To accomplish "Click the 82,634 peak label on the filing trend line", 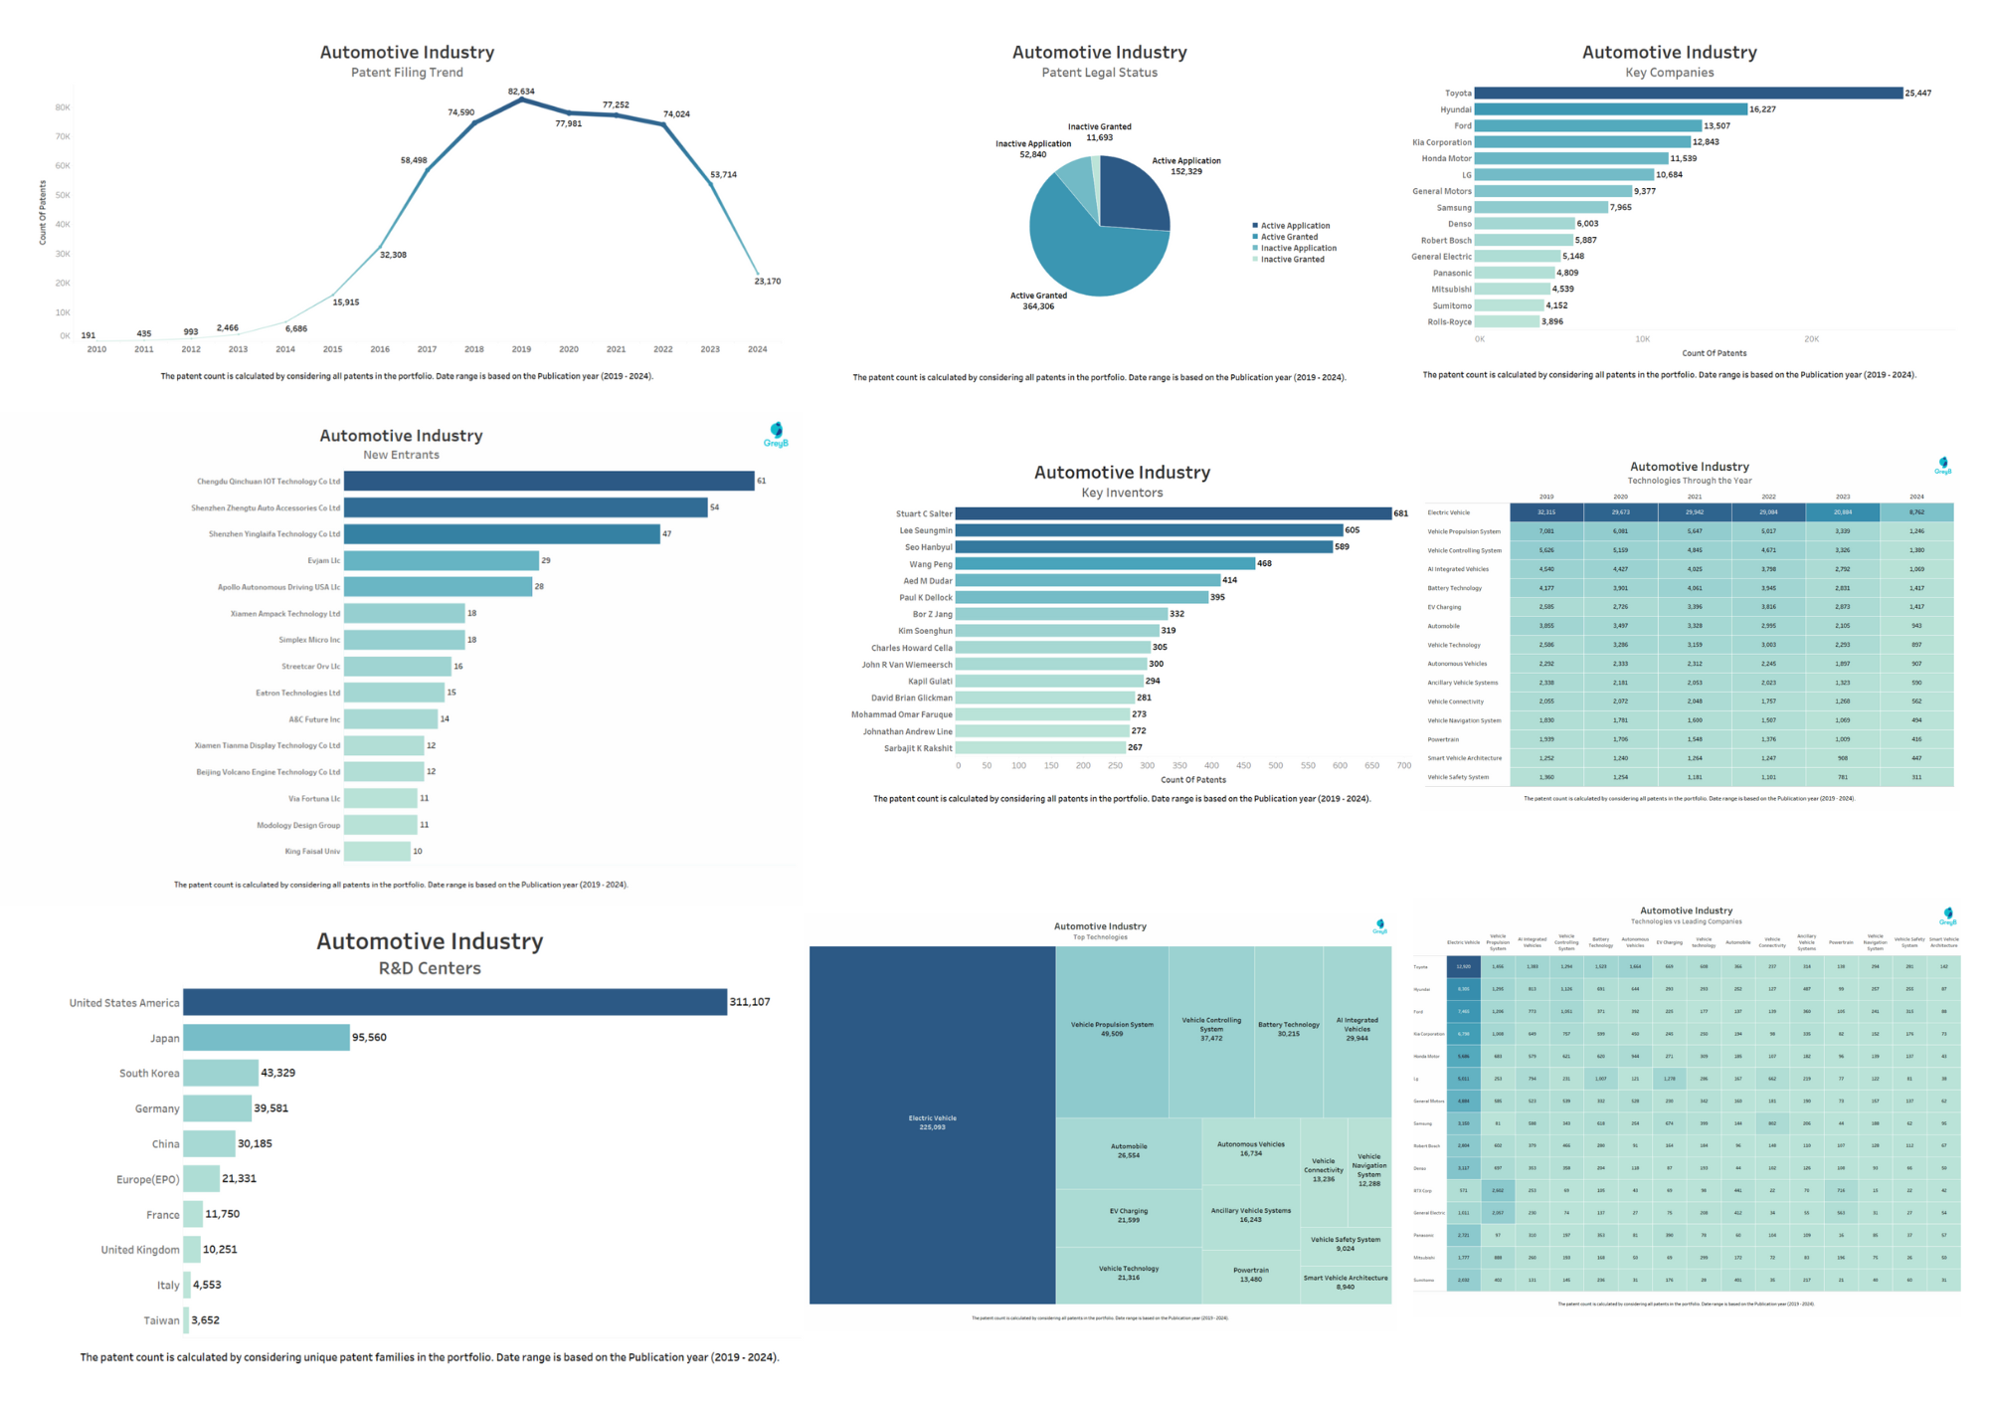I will tap(521, 92).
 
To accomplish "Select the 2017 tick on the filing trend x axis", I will tap(427, 349).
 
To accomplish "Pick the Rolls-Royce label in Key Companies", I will tap(1449, 321).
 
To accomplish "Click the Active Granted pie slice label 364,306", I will tap(1038, 301).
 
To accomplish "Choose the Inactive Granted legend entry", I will tap(1292, 260).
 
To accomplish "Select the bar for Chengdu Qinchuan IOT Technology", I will tap(549, 482).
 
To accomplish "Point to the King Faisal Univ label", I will tap(312, 852).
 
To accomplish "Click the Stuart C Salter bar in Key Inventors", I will tap(1173, 513).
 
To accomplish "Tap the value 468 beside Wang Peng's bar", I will tap(1264, 563).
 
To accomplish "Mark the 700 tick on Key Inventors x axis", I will tap(1403, 766).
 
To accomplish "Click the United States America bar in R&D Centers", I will tap(454, 1002).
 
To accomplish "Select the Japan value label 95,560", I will tap(369, 1037).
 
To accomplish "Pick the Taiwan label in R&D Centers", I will tap(161, 1320).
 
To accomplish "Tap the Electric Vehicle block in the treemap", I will tap(932, 1122).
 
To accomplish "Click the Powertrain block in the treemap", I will tap(1250, 1275).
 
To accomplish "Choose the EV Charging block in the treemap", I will tap(1128, 1215).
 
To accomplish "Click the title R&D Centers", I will tap(430, 968).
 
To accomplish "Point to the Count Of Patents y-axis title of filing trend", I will tap(43, 212).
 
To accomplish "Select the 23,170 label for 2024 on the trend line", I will tap(767, 282).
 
